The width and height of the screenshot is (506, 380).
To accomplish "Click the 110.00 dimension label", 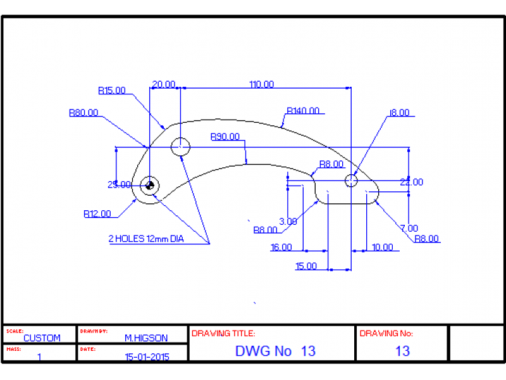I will pyautogui.click(x=261, y=84).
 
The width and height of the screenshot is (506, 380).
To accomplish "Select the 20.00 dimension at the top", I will pyautogui.click(x=164, y=84).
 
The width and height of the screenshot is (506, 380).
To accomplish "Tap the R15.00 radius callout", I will pyautogui.click(x=112, y=91).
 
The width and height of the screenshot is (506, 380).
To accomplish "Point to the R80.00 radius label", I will pyautogui.click(x=83, y=113).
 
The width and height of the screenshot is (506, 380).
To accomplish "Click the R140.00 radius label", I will pyautogui.click(x=303, y=111).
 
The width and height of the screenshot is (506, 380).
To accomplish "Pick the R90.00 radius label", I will pyautogui.click(x=225, y=136).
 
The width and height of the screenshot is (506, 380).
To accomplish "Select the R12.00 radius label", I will pyautogui.click(x=97, y=213).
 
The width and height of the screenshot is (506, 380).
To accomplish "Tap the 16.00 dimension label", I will pyautogui.click(x=281, y=248).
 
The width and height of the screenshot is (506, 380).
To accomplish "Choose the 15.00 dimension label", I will pyautogui.click(x=306, y=266).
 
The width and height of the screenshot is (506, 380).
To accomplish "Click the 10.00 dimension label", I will pyautogui.click(x=382, y=247).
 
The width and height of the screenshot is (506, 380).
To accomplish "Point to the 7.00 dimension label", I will pyautogui.click(x=409, y=228).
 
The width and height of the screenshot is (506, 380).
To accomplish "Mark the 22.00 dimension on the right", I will pyautogui.click(x=412, y=182).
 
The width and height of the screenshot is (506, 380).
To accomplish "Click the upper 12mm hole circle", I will pyautogui.click(x=181, y=147).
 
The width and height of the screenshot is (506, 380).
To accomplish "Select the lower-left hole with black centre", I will pyautogui.click(x=150, y=186).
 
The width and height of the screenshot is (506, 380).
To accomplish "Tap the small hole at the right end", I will pyautogui.click(x=351, y=181).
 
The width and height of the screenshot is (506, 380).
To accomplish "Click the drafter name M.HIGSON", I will pyautogui.click(x=146, y=338).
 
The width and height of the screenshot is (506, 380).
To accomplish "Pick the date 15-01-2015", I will pyautogui.click(x=146, y=357).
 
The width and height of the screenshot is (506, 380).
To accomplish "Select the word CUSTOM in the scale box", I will pyautogui.click(x=42, y=338).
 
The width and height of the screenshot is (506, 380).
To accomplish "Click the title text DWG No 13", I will pyautogui.click(x=275, y=351).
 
